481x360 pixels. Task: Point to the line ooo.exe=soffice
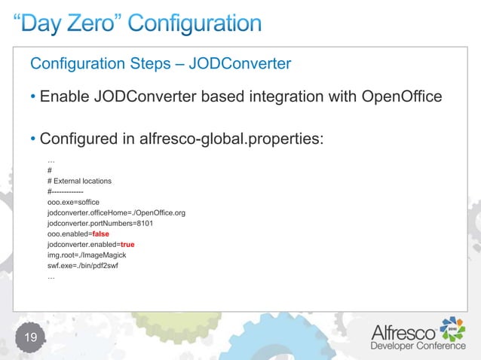(73, 203)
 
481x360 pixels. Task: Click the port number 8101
(140, 224)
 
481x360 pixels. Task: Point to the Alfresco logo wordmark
(404, 331)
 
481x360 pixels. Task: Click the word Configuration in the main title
(198, 25)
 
